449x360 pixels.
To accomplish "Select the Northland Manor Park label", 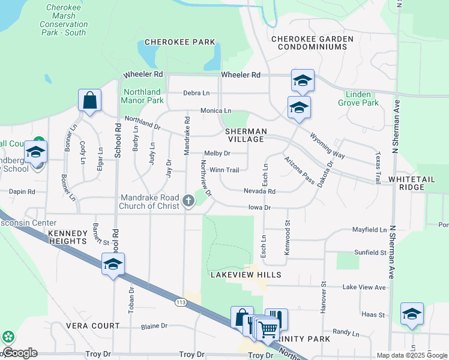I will point(143,97).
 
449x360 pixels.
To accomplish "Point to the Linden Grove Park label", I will point(362,99).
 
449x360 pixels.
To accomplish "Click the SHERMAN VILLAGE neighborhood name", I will point(245,135).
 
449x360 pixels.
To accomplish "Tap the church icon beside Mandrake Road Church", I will point(188,201).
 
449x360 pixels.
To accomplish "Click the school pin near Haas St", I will point(412,314).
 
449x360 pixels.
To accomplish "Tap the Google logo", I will point(20,353).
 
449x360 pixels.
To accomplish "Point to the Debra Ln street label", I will point(196,93).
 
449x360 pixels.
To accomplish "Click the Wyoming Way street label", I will point(328,145).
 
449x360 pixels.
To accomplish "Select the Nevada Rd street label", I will point(259,191).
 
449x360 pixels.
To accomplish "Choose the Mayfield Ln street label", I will point(369,229).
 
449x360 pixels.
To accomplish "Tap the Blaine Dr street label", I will point(154,326).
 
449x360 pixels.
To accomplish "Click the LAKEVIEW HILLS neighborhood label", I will point(246,275).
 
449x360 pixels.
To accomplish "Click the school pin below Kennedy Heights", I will point(113,263).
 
